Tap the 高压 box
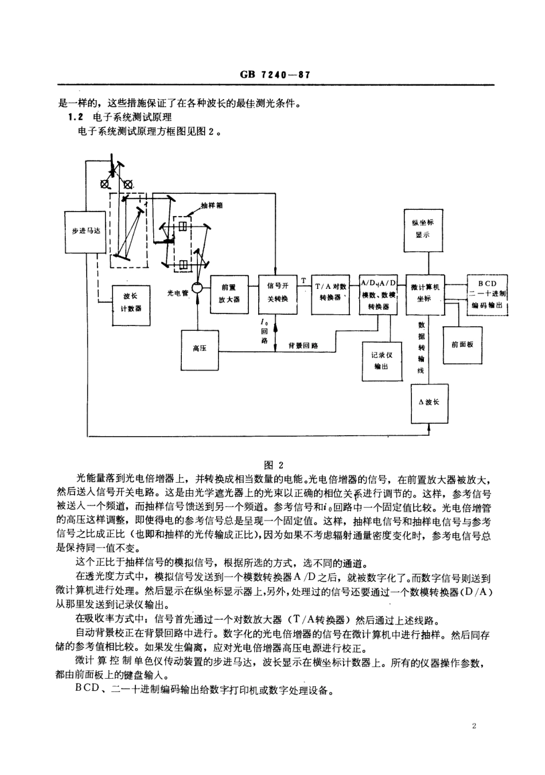200,349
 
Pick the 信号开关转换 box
278,294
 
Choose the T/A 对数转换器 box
330,294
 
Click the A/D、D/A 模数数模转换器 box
378,294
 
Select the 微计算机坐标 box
424,294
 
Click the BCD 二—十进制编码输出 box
487,294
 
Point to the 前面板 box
463,344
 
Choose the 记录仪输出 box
381,361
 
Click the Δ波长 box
429,402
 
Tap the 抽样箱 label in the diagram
212,205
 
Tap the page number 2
474,726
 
